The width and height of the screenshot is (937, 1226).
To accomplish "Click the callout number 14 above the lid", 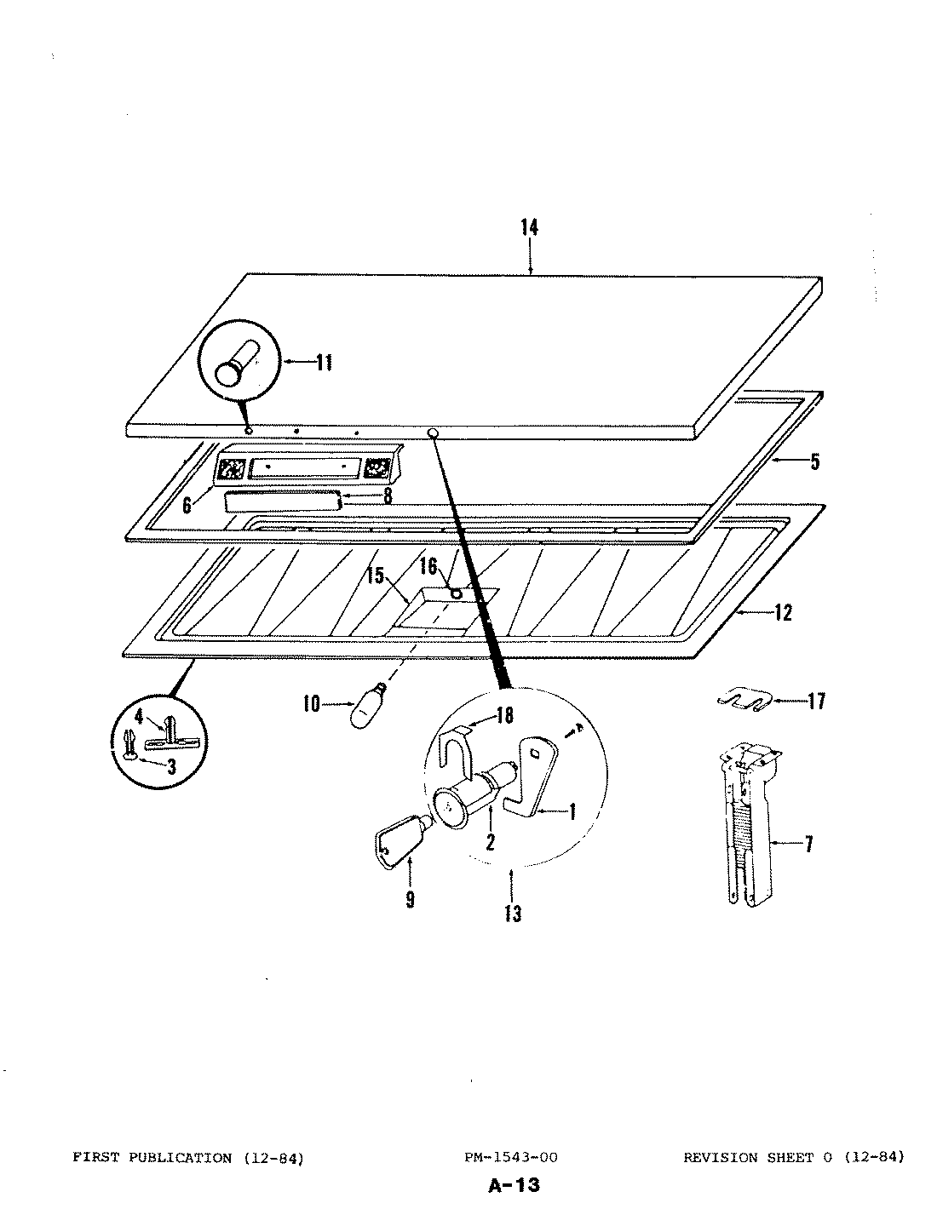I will pyautogui.click(x=530, y=227).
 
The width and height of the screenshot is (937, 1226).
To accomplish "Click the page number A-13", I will pyautogui.click(x=515, y=1185).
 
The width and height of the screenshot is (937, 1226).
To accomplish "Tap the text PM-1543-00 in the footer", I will pyautogui.click(x=511, y=1157).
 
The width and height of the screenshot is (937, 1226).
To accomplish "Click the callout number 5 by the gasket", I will pyautogui.click(x=814, y=462).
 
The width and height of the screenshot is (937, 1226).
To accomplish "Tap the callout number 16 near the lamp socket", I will pyautogui.click(x=428, y=566).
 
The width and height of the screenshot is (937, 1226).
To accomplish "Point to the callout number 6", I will pyautogui.click(x=187, y=505).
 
